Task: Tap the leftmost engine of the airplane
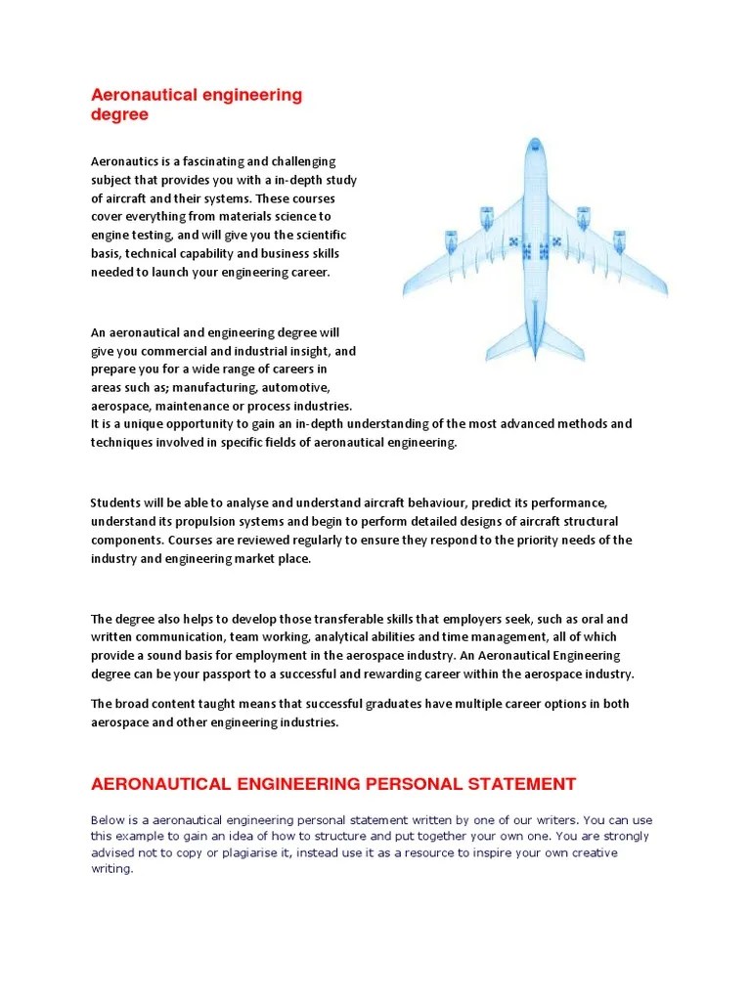(451, 239)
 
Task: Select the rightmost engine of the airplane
(619, 239)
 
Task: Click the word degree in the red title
(119, 114)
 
